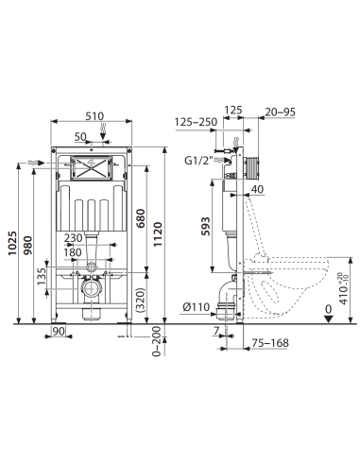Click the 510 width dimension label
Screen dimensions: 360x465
coord(94,116)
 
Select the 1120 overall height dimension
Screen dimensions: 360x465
coord(157,234)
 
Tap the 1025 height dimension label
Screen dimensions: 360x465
coord(12,243)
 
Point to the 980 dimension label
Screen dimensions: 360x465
coord(28,246)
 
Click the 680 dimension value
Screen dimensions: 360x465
coord(141,218)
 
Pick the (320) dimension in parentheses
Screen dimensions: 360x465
coord(141,300)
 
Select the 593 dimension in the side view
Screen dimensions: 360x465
coord(206,226)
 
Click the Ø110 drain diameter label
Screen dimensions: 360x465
coord(197,306)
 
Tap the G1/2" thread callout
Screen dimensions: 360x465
coord(198,161)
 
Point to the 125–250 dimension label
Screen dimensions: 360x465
coord(196,122)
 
